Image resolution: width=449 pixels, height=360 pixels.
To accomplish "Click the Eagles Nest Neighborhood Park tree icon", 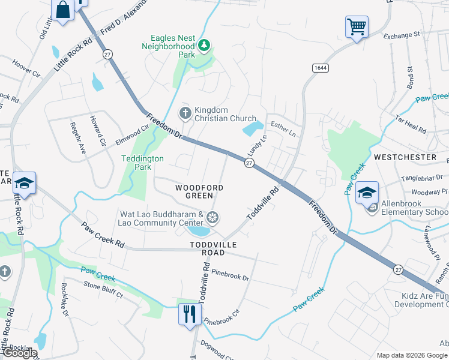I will pyautogui.click(x=204, y=44).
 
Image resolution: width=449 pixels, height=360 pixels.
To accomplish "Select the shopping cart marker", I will pyautogui.click(x=356, y=26).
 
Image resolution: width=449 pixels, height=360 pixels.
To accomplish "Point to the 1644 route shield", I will pyautogui.click(x=320, y=68).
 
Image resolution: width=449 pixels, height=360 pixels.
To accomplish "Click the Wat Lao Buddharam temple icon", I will pyautogui.click(x=211, y=217).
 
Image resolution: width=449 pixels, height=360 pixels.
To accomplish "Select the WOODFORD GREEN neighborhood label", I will pyautogui.click(x=199, y=192).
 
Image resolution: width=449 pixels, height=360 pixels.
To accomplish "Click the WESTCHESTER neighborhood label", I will pyautogui.click(x=405, y=157).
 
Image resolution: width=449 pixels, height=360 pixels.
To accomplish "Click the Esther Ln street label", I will pyautogui.click(x=283, y=127).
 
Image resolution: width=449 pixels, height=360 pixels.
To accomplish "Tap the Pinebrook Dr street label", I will pyautogui.click(x=230, y=277).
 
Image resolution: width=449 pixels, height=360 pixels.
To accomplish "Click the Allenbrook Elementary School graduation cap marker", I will pyautogui.click(x=366, y=193).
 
